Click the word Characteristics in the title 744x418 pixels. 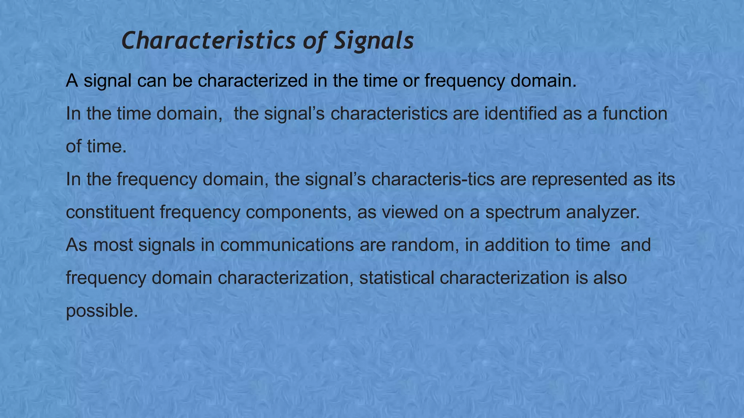209,41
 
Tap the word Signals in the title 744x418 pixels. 374,41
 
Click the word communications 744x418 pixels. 287,245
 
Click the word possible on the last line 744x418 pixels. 102,311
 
